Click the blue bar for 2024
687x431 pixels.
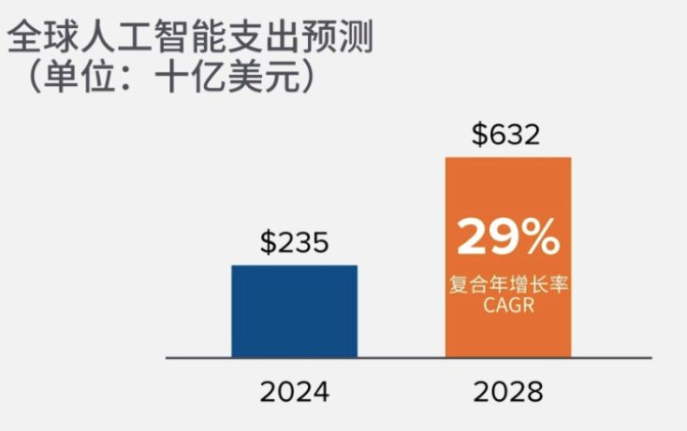coord(294,311)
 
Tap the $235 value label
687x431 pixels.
coord(294,243)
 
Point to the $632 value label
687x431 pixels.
coord(506,135)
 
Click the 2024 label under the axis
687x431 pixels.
coord(294,391)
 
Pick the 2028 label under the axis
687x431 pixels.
coord(507,391)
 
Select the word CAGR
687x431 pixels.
coord(507,306)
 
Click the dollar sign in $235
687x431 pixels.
coord(267,243)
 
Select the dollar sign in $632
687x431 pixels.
coord(479,135)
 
